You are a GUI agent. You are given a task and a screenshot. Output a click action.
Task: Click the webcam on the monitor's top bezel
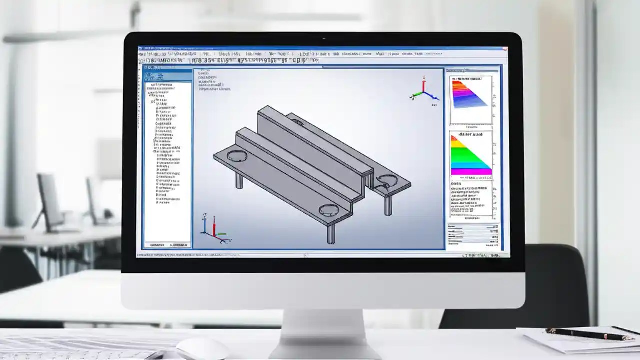tap(324, 38)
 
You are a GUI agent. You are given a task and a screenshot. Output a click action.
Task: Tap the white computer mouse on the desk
tap(202, 348)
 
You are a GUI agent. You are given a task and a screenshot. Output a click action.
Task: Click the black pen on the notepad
tap(585, 334)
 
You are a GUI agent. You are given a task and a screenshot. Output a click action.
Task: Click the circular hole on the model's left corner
tap(237, 156)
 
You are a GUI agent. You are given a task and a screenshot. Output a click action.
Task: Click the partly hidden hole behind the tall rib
tap(297, 121)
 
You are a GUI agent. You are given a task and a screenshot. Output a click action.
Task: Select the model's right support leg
tap(388, 204)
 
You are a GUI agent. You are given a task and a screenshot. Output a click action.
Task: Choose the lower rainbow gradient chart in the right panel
tap(470, 156)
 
